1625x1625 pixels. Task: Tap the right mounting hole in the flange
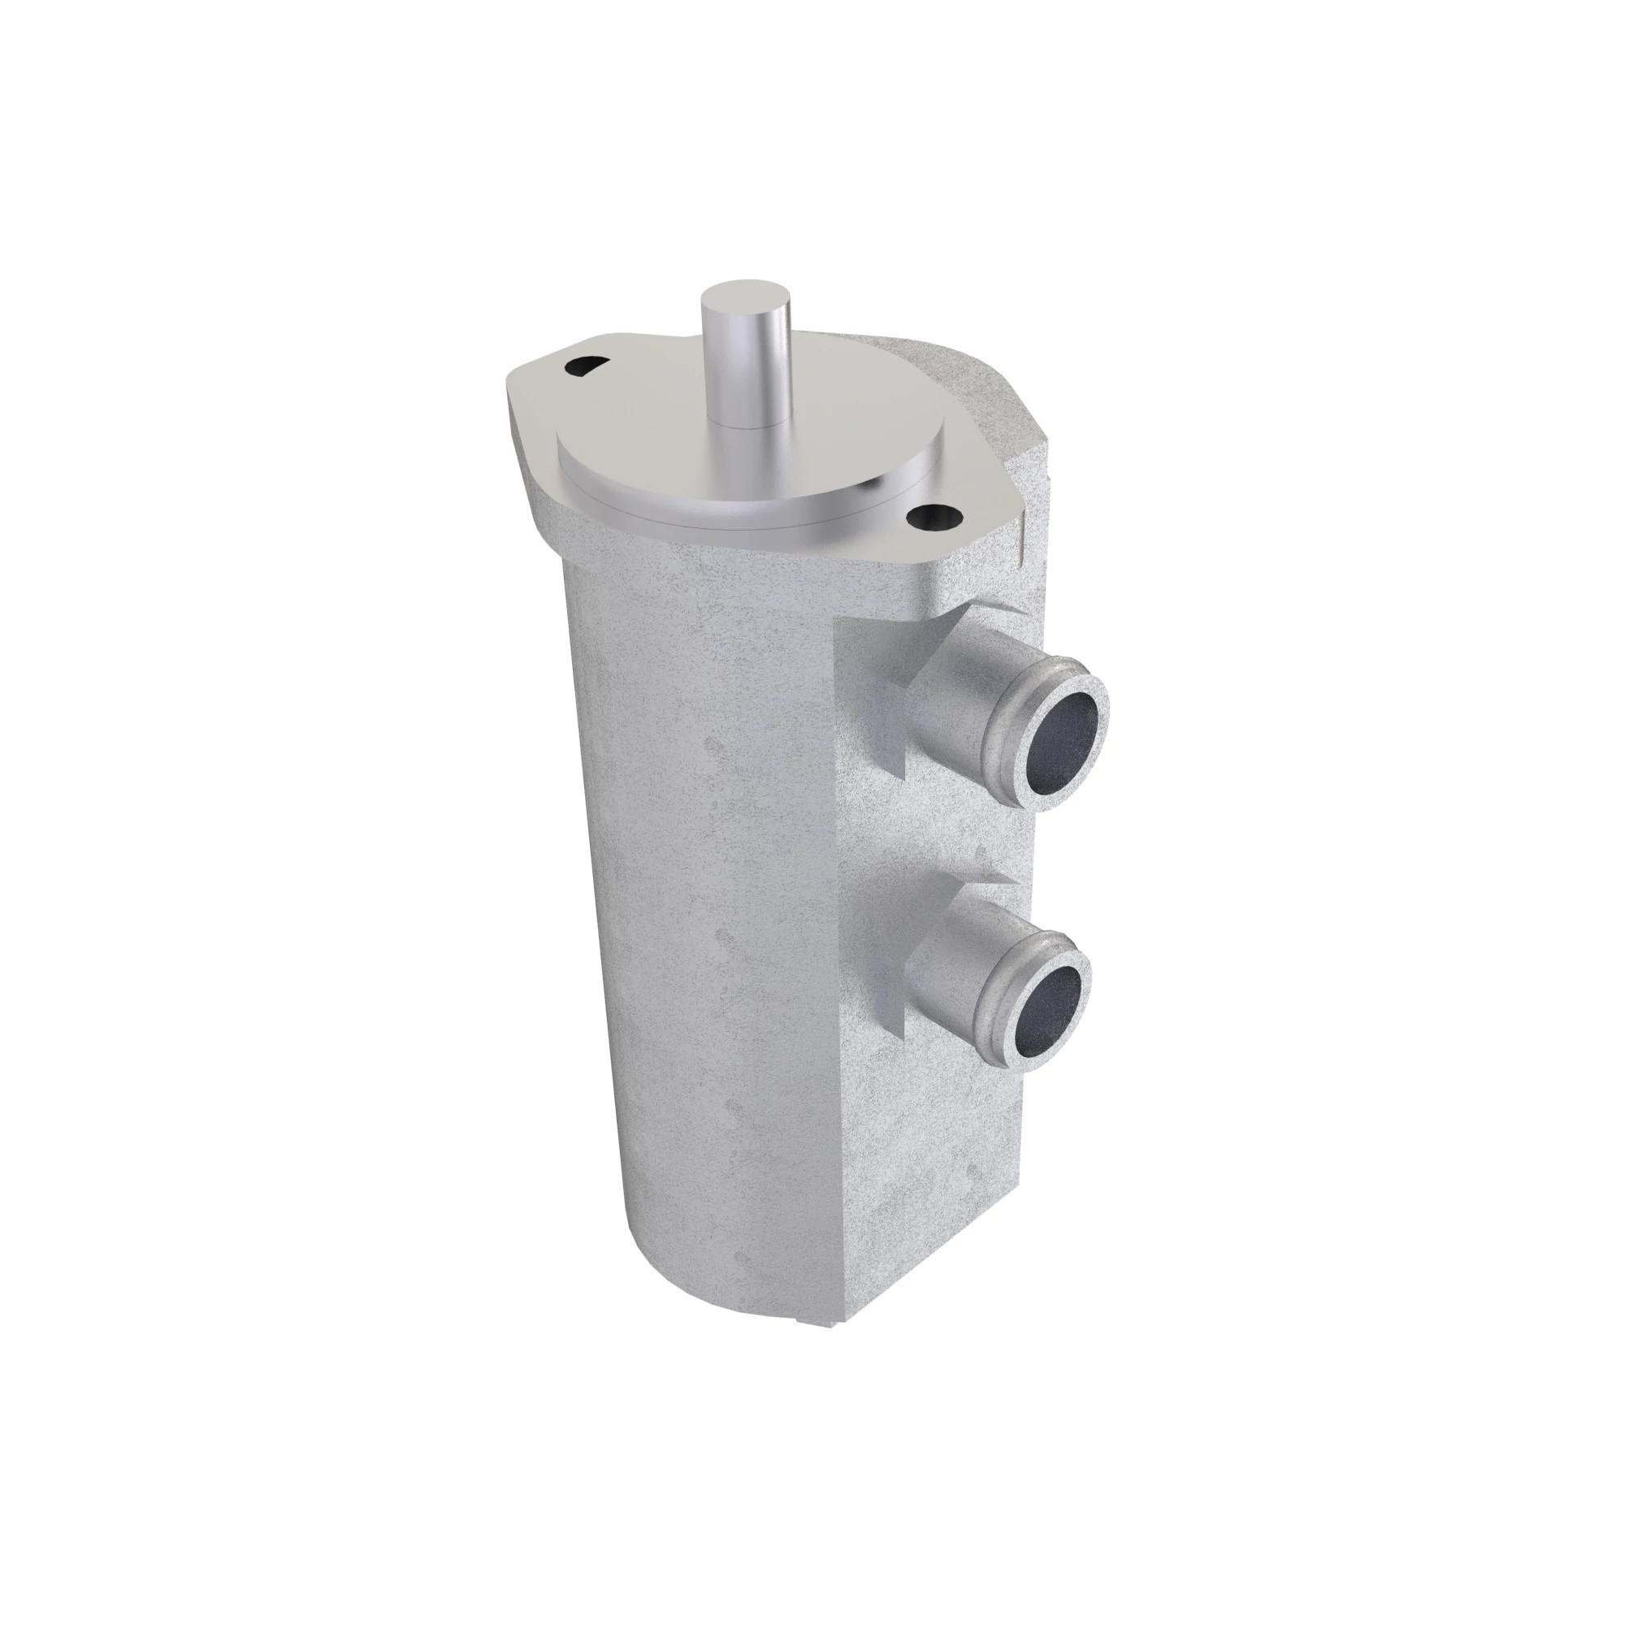click(933, 516)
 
